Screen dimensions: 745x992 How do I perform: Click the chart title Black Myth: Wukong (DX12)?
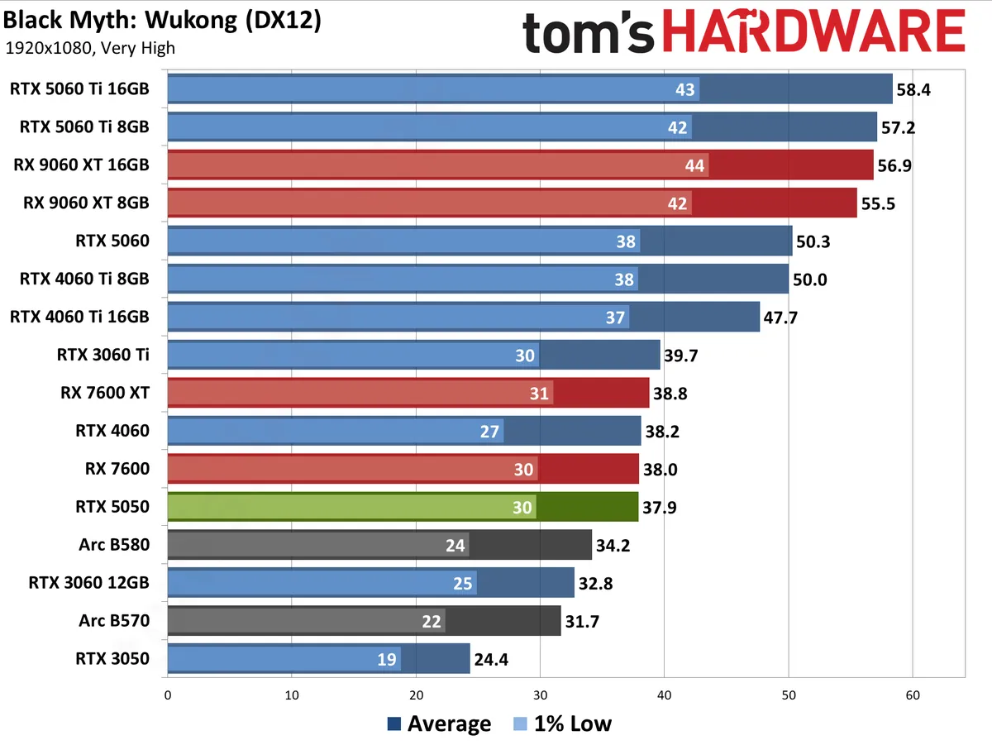pyautogui.click(x=161, y=21)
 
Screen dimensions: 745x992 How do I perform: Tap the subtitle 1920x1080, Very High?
pyautogui.click(x=90, y=48)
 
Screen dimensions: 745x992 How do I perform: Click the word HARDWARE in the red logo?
pyautogui.click(x=813, y=35)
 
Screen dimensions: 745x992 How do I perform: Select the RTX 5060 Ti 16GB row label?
pyautogui.click(x=79, y=89)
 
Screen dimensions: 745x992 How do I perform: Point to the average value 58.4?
pyautogui.click(x=913, y=89)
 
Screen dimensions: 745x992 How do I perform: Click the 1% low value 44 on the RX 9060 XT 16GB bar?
pyautogui.click(x=695, y=165)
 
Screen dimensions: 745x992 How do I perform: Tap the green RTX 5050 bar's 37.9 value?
pyautogui.click(x=659, y=507)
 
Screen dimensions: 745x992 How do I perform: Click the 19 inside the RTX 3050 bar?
pyautogui.click(x=387, y=659)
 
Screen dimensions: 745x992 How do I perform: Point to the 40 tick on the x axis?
pyautogui.click(x=664, y=695)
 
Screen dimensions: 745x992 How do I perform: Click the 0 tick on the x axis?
pyautogui.click(x=168, y=695)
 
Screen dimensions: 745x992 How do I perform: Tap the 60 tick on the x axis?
pyautogui.click(x=912, y=695)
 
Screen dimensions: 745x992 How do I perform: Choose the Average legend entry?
pyautogui.click(x=438, y=724)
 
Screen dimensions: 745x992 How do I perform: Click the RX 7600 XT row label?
pyautogui.click(x=104, y=393)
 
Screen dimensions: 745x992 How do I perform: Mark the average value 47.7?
pyautogui.click(x=780, y=318)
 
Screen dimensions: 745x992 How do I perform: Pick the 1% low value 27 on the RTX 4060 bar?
pyautogui.click(x=489, y=431)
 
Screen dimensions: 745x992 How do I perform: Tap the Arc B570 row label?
pyautogui.click(x=114, y=620)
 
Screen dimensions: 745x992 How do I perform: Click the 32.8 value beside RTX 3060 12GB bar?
pyautogui.click(x=595, y=583)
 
